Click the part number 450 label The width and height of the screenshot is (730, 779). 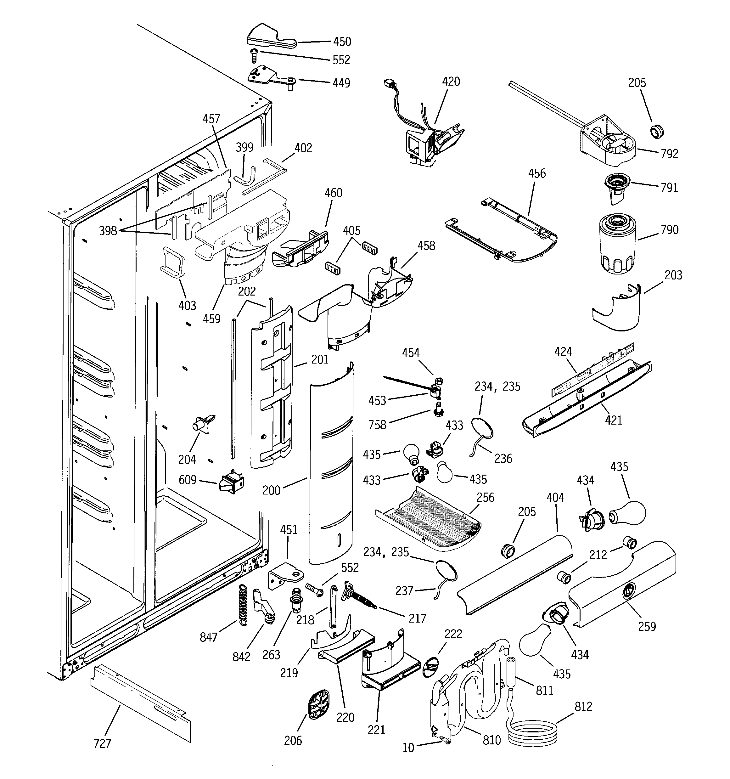coord(342,42)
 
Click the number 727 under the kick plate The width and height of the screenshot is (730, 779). coord(102,743)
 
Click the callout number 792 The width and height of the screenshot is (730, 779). coord(669,154)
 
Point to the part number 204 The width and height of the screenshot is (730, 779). coord(187,459)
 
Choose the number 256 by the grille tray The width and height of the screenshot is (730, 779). coord(485,498)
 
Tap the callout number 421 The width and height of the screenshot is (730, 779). coord(614,421)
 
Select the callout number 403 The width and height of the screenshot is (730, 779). coord(187,305)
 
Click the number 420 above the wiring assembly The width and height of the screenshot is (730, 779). coord(451,82)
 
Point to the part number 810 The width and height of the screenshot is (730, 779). coord(491,740)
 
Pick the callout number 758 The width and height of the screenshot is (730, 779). coord(377,425)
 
